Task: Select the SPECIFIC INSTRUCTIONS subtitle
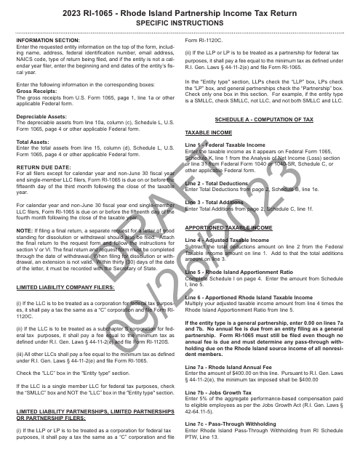[x=180, y=23]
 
